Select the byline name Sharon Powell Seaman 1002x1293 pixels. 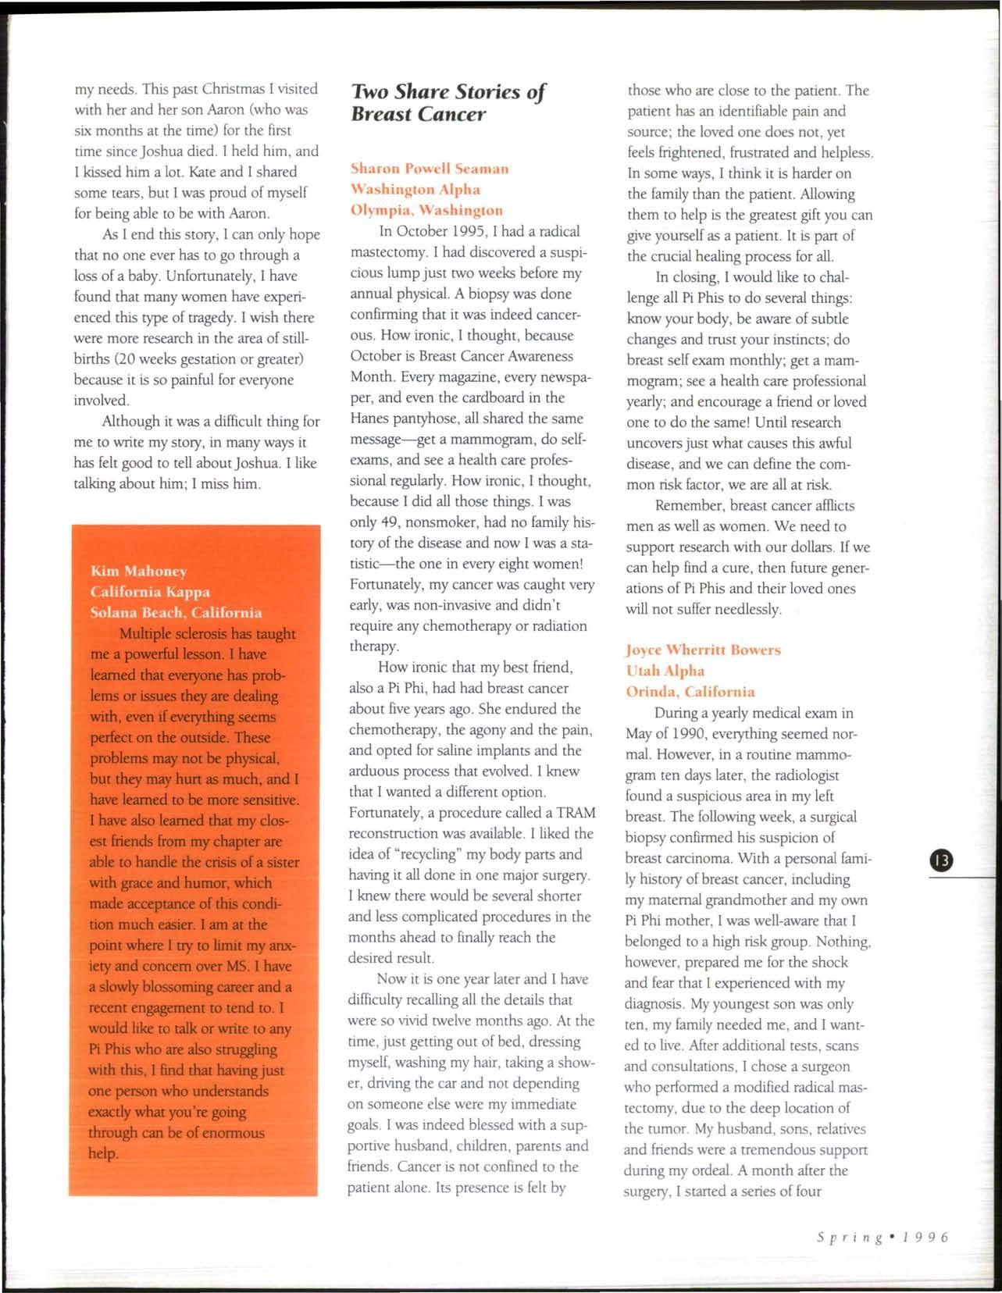coord(430,169)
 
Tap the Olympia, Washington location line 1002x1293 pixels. coord(426,210)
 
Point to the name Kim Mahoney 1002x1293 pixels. coord(137,571)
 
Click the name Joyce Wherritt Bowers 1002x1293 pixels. coord(703,650)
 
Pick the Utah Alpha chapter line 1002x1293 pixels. coord(665,671)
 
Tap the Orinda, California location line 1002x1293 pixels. coord(690,692)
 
